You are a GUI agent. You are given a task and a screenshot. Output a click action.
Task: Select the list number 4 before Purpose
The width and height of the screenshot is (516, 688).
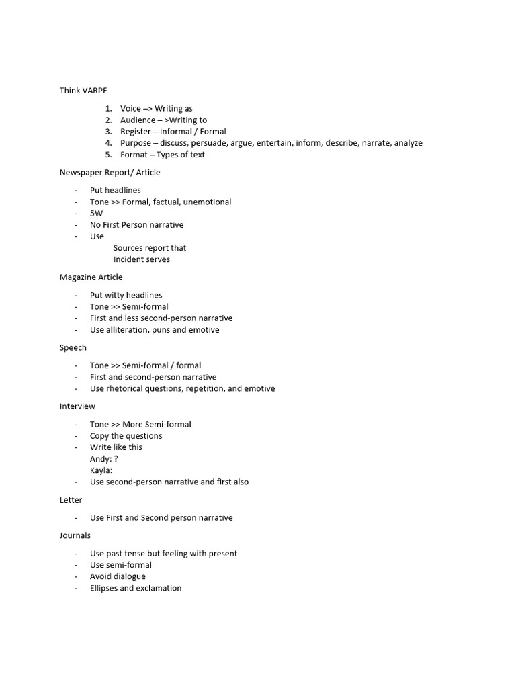pos(107,143)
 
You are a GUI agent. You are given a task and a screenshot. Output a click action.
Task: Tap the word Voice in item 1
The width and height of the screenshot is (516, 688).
pos(131,108)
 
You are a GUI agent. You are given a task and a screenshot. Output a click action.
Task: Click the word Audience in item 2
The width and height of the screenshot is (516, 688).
pos(138,120)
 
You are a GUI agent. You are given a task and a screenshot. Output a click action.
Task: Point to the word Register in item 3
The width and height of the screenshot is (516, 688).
pos(136,132)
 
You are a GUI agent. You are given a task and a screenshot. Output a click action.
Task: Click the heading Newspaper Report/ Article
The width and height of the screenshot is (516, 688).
pos(110,173)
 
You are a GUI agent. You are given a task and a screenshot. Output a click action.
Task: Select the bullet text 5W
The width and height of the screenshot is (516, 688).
pos(97,213)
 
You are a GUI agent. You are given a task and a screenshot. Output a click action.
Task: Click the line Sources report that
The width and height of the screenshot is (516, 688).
pos(150,248)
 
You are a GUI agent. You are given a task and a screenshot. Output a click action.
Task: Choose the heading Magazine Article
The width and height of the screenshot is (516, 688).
pos(91,277)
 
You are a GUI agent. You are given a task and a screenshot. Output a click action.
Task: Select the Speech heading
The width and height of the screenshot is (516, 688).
pos(73,348)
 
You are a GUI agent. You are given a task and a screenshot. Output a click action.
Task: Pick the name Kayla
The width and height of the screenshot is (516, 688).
pos(101,470)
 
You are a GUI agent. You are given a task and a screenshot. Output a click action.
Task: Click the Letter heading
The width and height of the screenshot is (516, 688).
pos(71,500)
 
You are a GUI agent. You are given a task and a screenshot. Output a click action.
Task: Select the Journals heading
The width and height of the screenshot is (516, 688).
pos(75,535)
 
